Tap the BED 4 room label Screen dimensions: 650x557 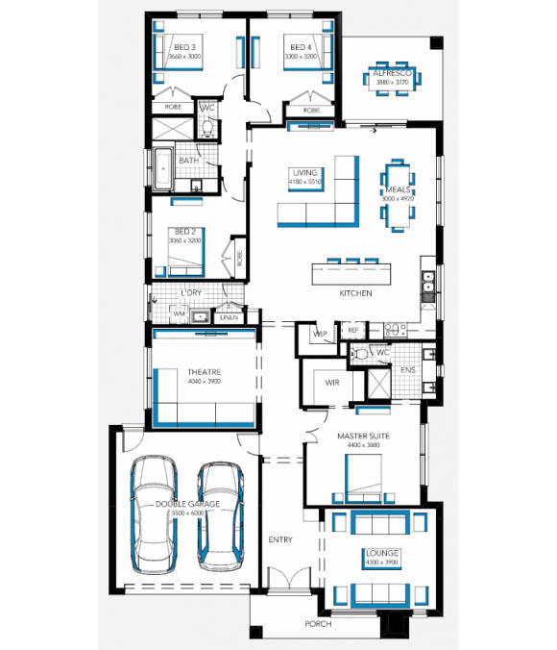coord(301,47)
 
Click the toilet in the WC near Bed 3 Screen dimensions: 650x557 coord(207,128)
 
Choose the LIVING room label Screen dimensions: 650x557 coord(305,173)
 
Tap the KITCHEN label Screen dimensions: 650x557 coord(354,293)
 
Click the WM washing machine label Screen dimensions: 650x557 coord(179,314)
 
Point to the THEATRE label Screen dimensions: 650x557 coord(204,372)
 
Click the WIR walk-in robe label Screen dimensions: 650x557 coord(332,382)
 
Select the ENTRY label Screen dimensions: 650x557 coord(280,539)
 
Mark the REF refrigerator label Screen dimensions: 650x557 coord(352,330)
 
